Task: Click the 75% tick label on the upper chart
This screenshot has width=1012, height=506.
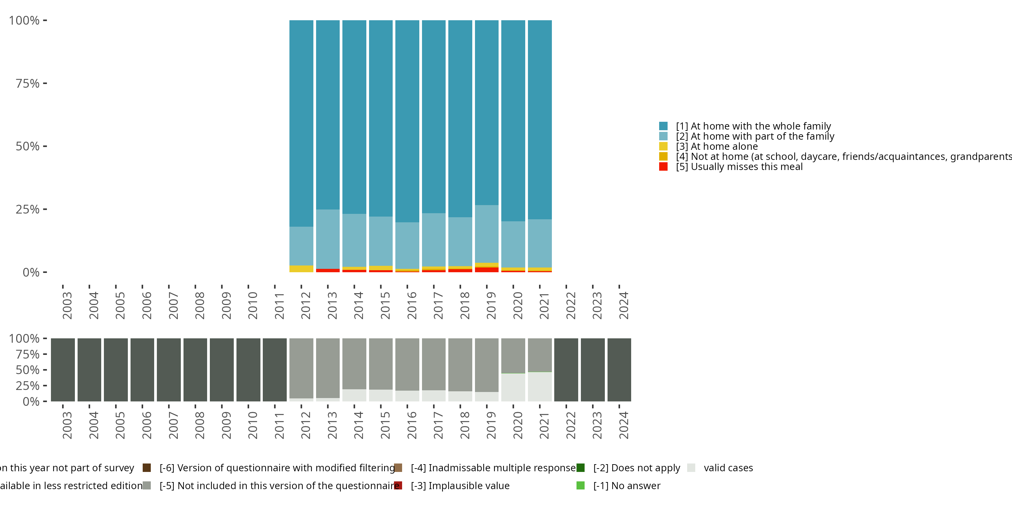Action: [x=28, y=83]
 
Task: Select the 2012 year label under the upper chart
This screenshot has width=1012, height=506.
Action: [x=306, y=305]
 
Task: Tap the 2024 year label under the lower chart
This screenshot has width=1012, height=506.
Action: [x=623, y=425]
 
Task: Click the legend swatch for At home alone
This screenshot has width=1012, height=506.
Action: [x=663, y=146]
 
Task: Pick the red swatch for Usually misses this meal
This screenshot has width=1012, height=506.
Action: [x=663, y=167]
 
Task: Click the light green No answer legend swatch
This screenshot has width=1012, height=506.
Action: [x=580, y=485]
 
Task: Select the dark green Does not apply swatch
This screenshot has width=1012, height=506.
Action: [x=580, y=468]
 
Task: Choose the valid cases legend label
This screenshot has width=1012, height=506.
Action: [x=728, y=468]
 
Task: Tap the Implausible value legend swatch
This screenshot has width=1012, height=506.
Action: [x=398, y=485]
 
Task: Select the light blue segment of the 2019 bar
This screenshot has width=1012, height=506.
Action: [x=487, y=234]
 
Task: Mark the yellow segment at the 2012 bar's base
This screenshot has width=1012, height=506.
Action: [x=301, y=269]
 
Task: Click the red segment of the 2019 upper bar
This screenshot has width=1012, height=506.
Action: [x=487, y=270]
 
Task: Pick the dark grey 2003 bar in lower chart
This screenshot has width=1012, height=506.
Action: [x=63, y=370]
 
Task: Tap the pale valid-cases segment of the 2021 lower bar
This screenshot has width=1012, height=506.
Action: [x=540, y=387]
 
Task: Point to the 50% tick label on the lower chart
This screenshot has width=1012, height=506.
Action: [x=28, y=370]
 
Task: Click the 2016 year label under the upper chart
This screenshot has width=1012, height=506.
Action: [x=411, y=305]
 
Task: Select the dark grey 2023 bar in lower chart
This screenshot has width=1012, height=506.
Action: [x=593, y=370]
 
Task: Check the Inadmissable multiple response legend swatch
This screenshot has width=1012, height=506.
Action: [x=398, y=468]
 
